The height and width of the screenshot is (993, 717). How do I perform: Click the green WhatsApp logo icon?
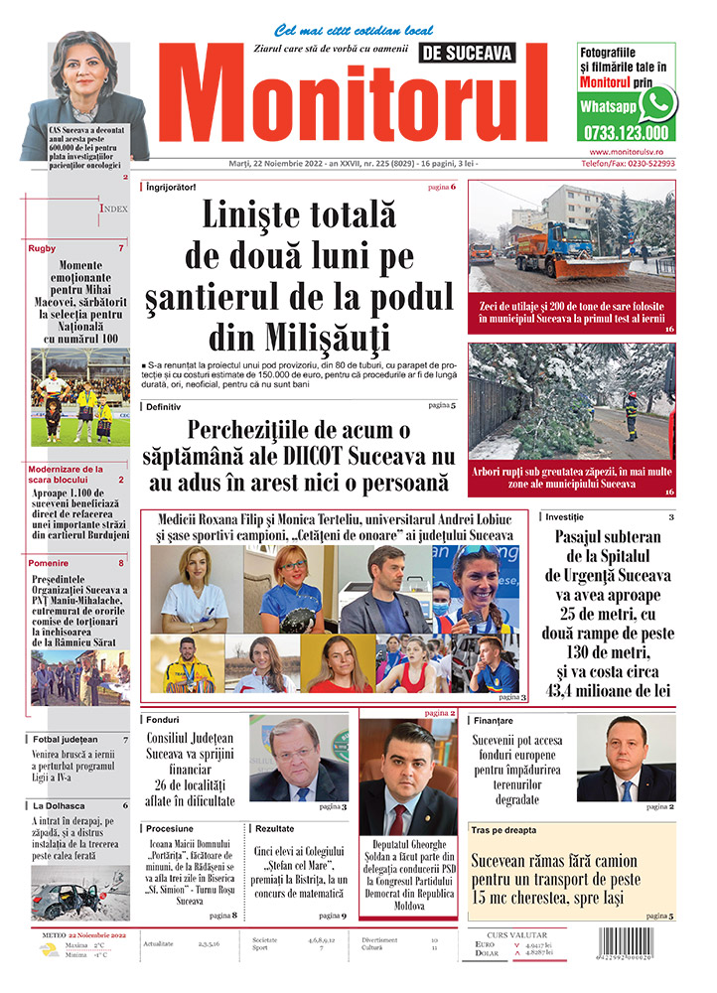tap(657, 103)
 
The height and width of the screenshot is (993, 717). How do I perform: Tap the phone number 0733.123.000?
tap(626, 131)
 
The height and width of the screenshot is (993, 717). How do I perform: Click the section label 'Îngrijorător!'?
tap(170, 187)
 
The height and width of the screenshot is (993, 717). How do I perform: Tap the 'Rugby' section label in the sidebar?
tap(43, 248)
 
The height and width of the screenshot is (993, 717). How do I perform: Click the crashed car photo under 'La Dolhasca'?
tap(79, 892)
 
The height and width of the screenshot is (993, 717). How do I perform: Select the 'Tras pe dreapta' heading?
tap(503, 829)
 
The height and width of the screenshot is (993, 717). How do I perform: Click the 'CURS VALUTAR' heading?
tap(520, 934)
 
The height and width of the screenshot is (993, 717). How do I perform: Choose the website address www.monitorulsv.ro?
tap(626, 151)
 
